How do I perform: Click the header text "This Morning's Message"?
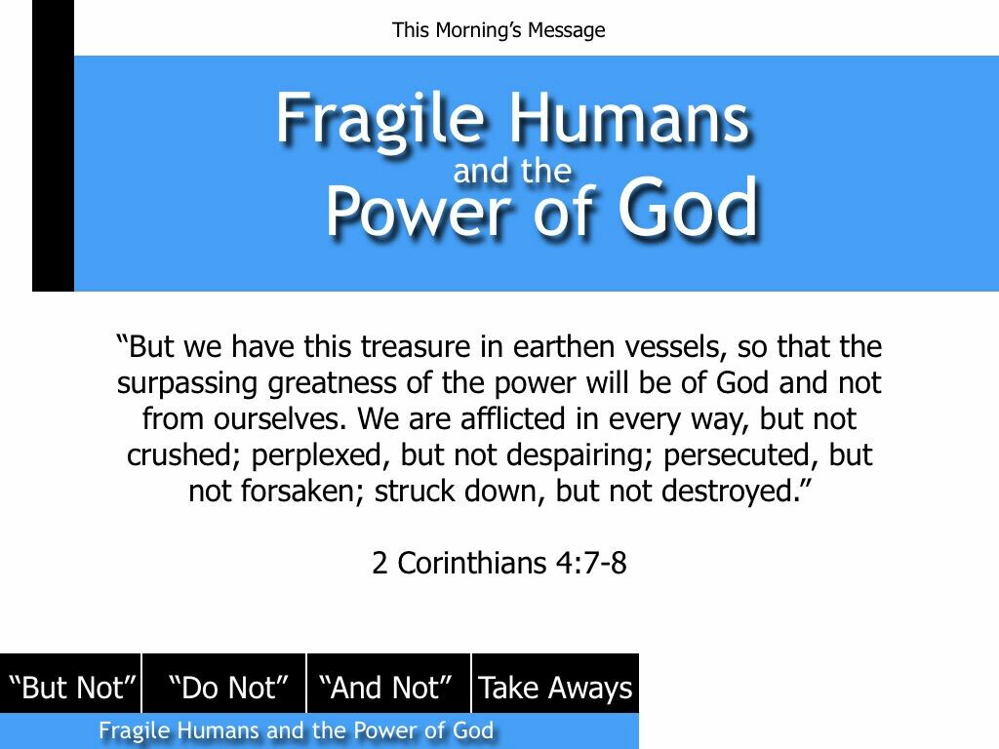pyautogui.click(x=499, y=30)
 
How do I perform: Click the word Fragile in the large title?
pyautogui.click(x=380, y=121)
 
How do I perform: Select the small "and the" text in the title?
pyautogui.click(x=512, y=171)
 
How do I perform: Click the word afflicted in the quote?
pyautogui.click(x=513, y=418)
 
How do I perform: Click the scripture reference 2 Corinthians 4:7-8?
pyautogui.click(x=499, y=563)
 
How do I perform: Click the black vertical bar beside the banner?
pyautogui.click(x=53, y=145)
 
